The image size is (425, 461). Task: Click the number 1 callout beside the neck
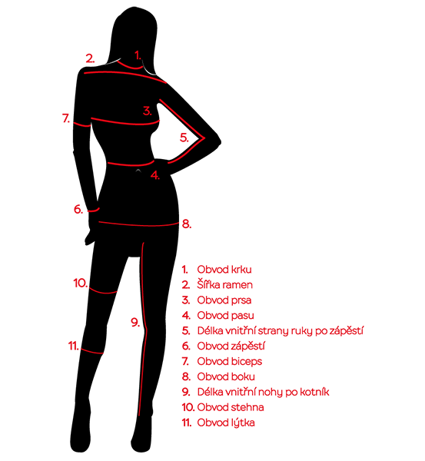click(138, 55)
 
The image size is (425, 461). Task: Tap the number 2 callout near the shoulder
click(90, 58)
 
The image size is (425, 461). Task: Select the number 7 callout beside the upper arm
click(66, 118)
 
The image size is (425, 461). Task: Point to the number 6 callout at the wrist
click(78, 209)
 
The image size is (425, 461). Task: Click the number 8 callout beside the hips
click(187, 224)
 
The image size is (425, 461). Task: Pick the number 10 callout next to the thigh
click(80, 283)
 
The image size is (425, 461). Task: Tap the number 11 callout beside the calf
click(74, 346)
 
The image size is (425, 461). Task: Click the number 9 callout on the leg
click(135, 323)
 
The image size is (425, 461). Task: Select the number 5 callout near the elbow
click(184, 138)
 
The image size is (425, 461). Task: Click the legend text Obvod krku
click(224, 270)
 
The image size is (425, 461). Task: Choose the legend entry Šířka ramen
click(224, 285)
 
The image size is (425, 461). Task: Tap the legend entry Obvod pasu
click(225, 316)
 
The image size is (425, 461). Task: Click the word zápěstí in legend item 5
click(346, 330)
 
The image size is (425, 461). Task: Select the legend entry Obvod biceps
click(230, 361)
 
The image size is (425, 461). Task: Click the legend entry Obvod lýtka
click(226, 423)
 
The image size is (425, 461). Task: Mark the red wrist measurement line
click(94, 211)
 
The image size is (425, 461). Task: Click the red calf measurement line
click(91, 351)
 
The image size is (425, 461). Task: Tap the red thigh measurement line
click(103, 292)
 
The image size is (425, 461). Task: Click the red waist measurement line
click(131, 164)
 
